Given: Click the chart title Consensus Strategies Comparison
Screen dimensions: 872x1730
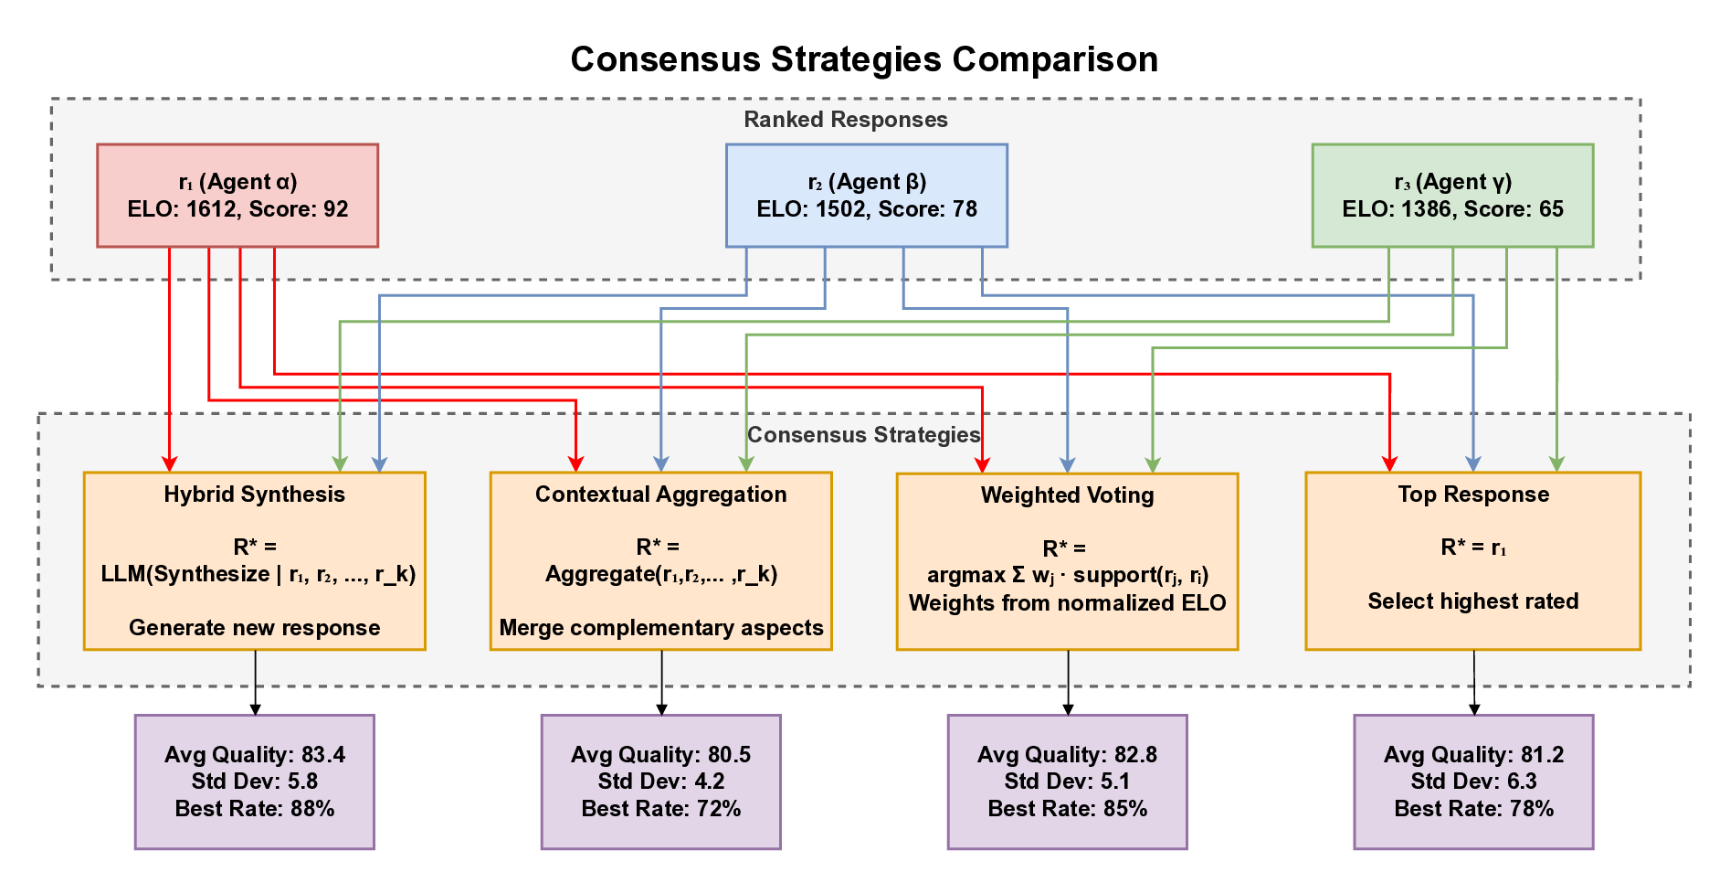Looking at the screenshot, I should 864,59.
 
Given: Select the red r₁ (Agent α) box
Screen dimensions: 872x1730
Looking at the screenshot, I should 237,195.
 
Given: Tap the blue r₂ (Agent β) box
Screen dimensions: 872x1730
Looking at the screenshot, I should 866,195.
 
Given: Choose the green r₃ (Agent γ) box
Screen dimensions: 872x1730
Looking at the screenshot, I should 1452,195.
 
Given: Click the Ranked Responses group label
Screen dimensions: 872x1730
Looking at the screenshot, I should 845,120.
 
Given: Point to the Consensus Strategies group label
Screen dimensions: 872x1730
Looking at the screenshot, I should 863,434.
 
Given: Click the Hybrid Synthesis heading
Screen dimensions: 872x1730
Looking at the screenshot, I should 254,494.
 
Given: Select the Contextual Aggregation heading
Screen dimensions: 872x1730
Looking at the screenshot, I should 660,494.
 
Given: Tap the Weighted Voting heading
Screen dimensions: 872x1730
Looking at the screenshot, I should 1067,495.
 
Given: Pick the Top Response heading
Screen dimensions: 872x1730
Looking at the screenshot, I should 1472,494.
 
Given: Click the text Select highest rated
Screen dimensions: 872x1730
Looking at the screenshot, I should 1472,601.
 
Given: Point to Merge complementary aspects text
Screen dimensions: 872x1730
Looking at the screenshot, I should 660,628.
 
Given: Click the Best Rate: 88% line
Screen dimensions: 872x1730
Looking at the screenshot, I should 254,809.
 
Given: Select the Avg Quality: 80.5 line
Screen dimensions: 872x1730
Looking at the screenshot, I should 660,755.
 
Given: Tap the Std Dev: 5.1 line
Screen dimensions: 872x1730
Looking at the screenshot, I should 1067,782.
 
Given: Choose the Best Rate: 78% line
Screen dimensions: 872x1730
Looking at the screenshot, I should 1472,809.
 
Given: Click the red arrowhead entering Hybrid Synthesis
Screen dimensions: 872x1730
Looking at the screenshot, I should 169,464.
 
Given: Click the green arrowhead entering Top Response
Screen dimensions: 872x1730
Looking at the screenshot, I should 1557,464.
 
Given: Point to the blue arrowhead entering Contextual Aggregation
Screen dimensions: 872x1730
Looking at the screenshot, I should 661,464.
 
